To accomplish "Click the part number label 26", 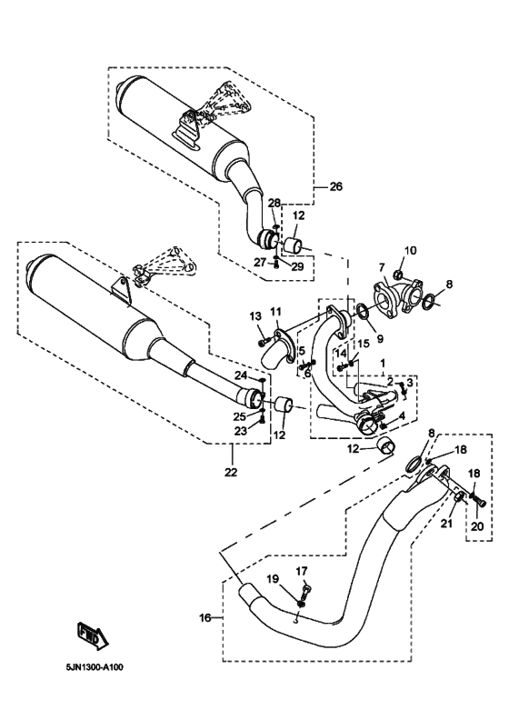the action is coord(336,187).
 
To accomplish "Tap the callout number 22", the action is coord(231,472).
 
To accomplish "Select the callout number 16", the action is coord(205,617).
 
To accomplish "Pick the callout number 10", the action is coord(410,250).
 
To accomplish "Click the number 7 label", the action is coord(381,266).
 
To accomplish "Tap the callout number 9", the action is coord(380,339).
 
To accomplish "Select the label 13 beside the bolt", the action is coord(255,316).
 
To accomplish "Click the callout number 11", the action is coord(274,312).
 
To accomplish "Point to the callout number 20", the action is coord(477,526).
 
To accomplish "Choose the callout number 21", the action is coord(447,523).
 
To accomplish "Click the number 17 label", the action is coord(302,571).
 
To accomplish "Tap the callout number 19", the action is coord(273,579).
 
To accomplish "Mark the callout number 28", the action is coord(274,204).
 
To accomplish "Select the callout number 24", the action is coord(241,375).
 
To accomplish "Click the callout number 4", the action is coord(402,417).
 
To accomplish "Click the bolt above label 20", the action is coord(480,501).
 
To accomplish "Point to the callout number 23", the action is coord(241,431).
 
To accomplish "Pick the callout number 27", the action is coord(260,262).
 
